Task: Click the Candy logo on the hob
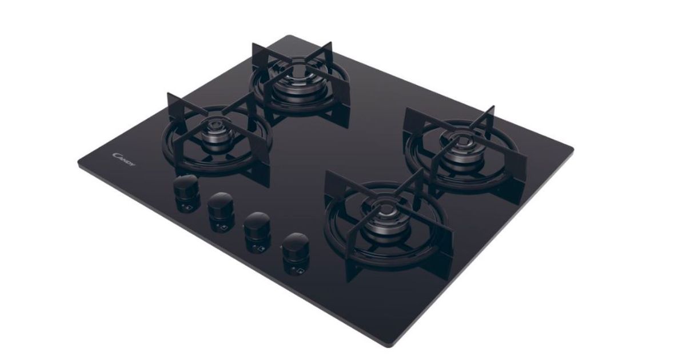[123, 159]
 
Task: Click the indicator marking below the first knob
[187, 207]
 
